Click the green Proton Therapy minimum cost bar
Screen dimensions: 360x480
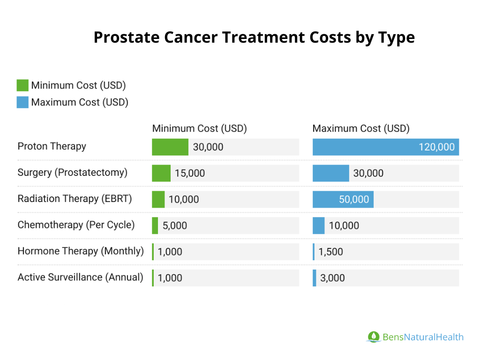tap(170, 147)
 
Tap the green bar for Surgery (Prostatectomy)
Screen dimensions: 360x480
tap(161, 173)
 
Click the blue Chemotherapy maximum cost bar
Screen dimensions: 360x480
tap(318, 225)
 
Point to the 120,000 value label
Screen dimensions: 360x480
tap(436, 147)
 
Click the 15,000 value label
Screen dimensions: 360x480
tap(190, 173)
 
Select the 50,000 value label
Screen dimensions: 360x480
tap(354, 200)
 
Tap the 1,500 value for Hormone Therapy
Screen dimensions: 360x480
tap(330, 252)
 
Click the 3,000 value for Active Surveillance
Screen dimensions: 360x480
tap(332, 278)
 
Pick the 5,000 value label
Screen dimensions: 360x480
tap(175, 226)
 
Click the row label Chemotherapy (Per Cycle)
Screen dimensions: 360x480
tap(76, 225)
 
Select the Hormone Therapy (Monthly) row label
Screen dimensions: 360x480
tap(81, 251)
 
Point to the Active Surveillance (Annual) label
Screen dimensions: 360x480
tap(80, 277)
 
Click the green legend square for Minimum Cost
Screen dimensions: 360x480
tap(22, 85)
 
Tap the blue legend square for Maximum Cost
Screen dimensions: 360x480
tap(22, 102)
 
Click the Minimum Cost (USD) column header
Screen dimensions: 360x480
tap(199, 128)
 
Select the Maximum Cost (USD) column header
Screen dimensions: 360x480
tap(361, 128)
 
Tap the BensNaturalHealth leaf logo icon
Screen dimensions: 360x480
tap(373, 337)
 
